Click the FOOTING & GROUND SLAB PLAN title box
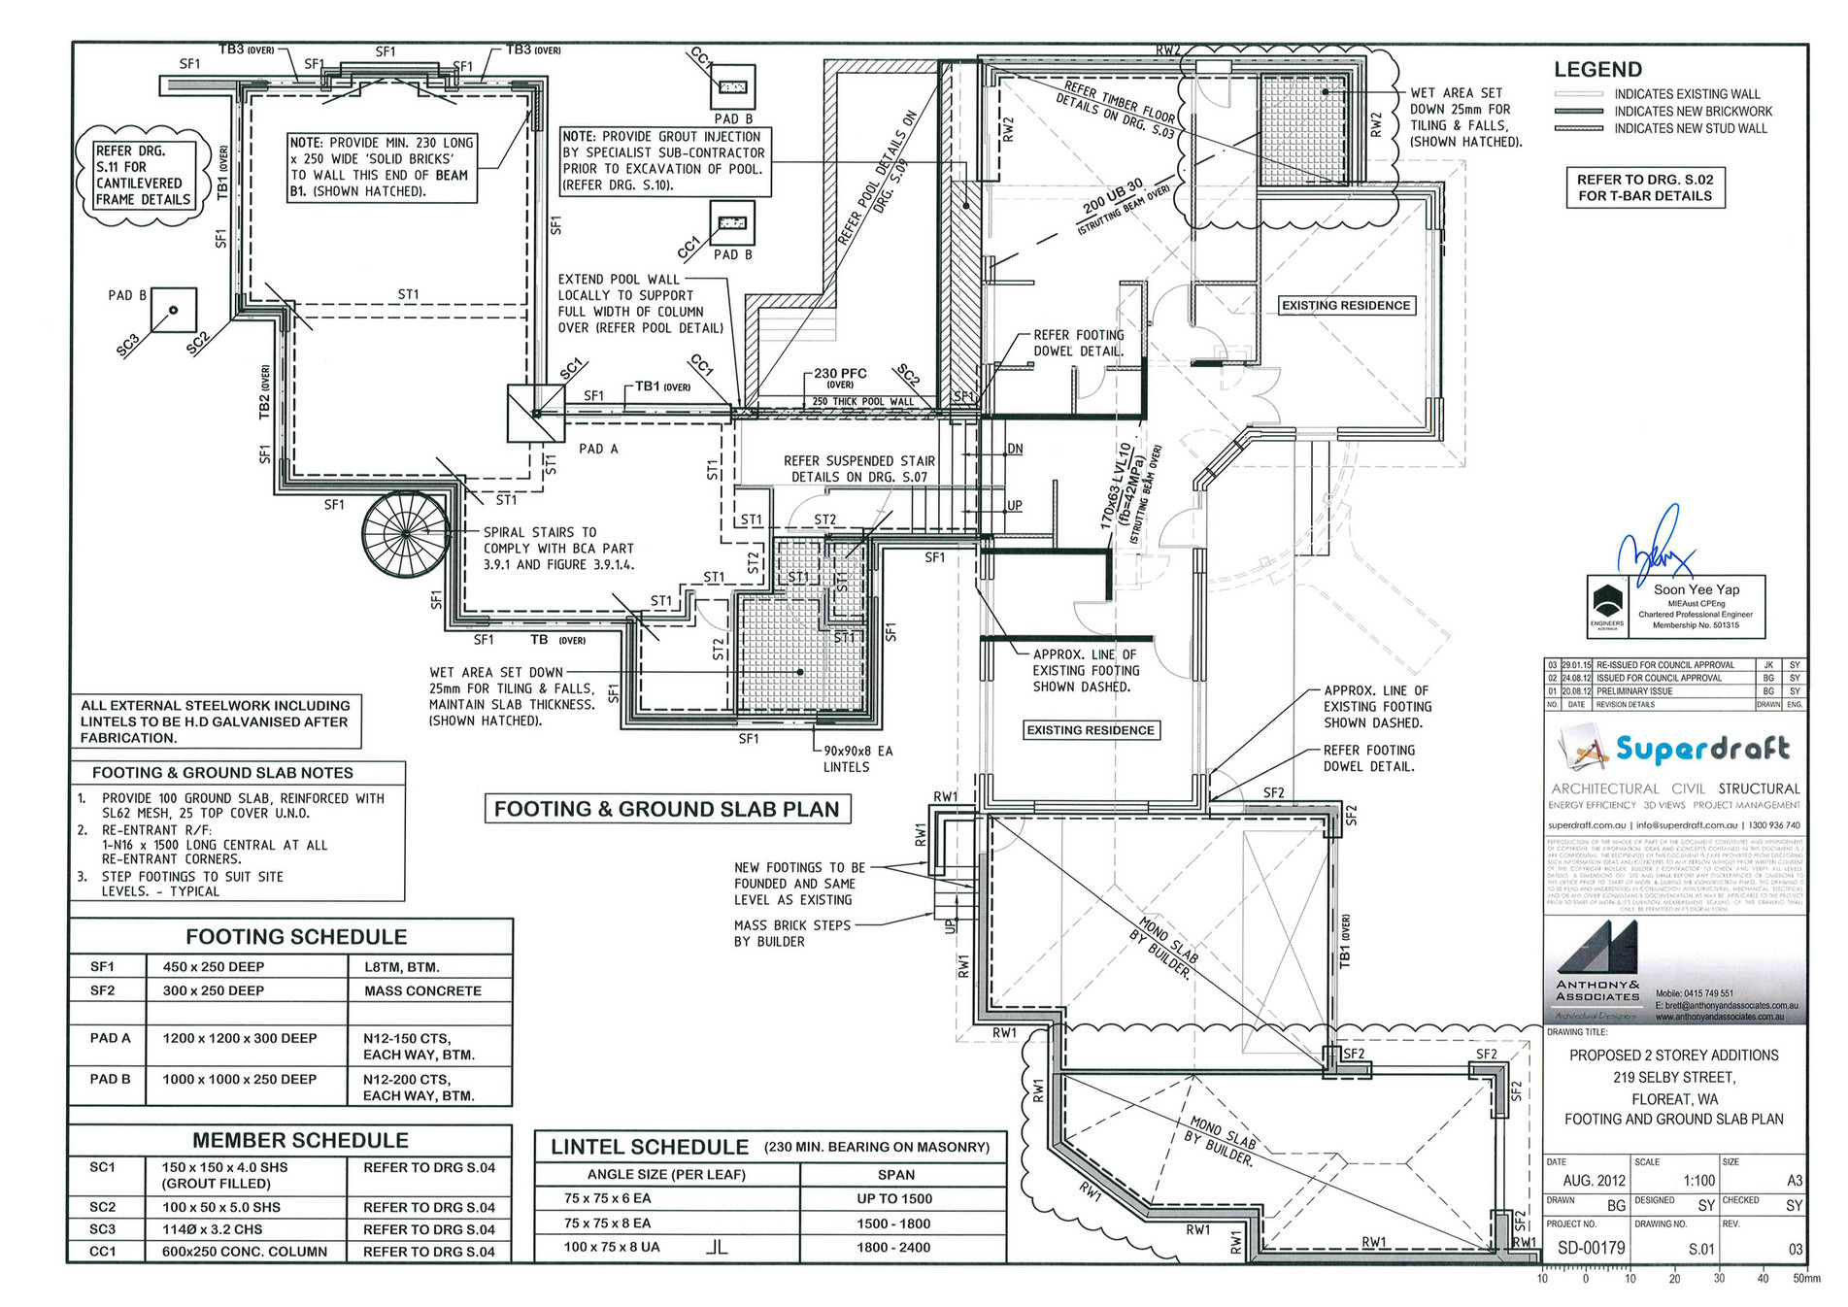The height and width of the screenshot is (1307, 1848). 666,809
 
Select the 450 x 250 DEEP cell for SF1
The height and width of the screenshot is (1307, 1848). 214,967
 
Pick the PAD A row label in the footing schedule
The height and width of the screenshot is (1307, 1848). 110,1038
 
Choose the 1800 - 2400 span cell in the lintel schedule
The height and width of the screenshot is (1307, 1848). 893,1248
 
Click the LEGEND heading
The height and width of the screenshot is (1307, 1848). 1597,70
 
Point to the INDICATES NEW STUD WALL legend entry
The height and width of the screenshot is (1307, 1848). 1691,128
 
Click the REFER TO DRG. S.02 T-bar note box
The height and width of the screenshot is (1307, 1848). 1644,187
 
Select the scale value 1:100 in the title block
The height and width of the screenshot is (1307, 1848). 1699,1181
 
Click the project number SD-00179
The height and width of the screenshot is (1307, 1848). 1591,1248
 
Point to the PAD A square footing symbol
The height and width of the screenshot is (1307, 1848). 536,414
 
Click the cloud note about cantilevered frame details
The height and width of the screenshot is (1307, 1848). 144,176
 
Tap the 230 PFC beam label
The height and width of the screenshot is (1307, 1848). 840,374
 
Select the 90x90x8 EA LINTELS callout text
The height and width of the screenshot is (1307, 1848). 857,758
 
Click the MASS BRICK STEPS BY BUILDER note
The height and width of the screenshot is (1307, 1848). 791,933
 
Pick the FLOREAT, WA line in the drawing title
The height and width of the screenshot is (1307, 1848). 1674,1099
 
